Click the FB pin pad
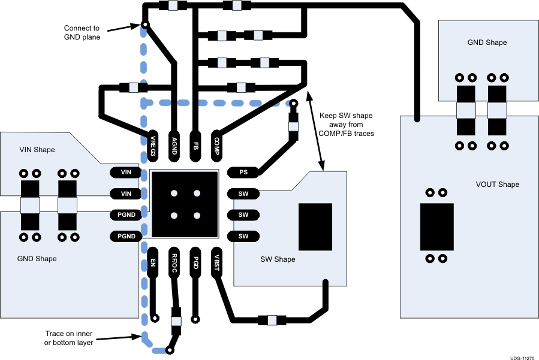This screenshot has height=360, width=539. (x=195, y=145)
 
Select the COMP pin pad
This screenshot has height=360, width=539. (x=216, y=145)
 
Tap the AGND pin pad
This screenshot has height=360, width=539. (x=174, y=145)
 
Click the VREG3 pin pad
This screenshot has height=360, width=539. (x=153, y=145)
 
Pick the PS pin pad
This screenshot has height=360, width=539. (x=243, y=173)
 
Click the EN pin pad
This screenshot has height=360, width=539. (x=153, y=262)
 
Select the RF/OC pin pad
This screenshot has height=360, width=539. (x=174, y=262)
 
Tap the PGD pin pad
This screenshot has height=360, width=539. (x=195, y=262)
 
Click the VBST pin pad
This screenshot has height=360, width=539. (x=216, y=262)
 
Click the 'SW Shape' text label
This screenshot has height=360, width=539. (x=278, y=259)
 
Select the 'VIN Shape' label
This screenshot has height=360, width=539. (x=37, y=150)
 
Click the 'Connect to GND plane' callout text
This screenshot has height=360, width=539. (x=82, y=32)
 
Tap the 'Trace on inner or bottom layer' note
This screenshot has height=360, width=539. (x=69, y=338)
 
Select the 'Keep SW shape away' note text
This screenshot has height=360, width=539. (x=347, y=124)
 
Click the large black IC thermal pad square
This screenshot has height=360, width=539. (x=184, y=204)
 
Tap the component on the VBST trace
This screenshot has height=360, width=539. (x=272, y=319)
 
